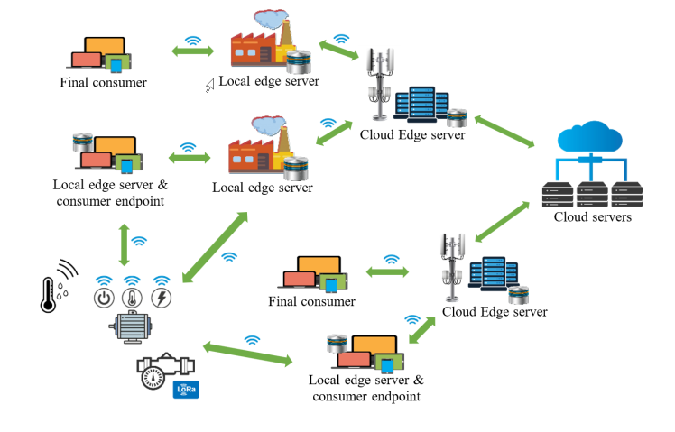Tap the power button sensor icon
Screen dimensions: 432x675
(x=104, y=299)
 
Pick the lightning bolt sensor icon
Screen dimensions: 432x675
(x=162, y=299)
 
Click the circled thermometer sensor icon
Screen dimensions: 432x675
(x=133, y=299)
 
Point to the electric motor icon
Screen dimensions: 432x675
(x=133, y=329)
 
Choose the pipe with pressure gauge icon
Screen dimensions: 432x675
(x=161, y=369)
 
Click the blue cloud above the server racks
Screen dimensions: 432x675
(x=589, y=139)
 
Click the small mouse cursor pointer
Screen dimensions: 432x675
(x=208, y=86)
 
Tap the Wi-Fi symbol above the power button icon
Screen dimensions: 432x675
(x=104, y=280)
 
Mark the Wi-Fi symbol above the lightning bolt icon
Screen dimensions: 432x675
(x=162, y=280)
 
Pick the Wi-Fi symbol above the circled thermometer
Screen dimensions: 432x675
(x=133, y=280)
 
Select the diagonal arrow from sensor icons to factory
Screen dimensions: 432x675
(x=215, y=245)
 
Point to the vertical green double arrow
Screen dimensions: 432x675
(x=123, y=242)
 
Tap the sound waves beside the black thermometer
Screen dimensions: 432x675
(x=67, y=269)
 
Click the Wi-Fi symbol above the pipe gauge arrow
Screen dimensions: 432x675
(x=252, y=340)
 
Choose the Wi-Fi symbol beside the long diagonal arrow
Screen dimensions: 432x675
(x=229, y=256)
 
